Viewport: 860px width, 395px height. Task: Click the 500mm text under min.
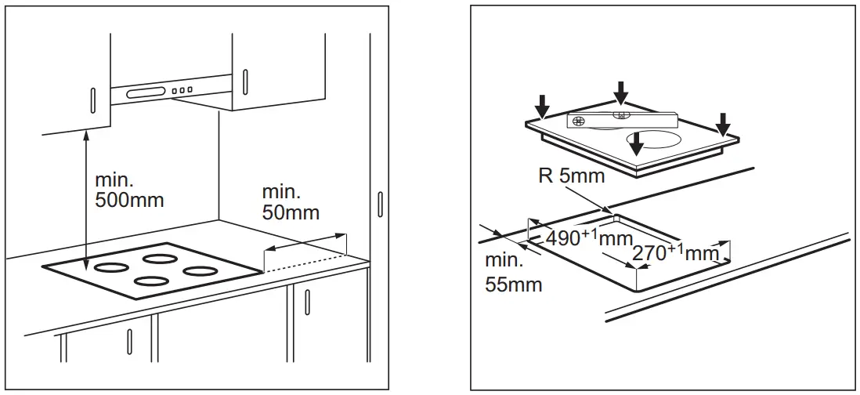pos(129,200)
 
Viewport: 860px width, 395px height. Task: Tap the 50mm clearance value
pos(291,212)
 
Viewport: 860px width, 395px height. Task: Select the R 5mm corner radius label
pos(572,176)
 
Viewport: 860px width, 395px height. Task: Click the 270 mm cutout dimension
pos(674,253)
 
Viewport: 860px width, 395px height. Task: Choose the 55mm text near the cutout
pos(513,284)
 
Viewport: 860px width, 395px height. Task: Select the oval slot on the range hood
pos(145,93)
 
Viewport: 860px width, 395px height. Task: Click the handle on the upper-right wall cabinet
pos(245,81)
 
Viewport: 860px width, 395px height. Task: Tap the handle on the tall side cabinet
pos(380,204)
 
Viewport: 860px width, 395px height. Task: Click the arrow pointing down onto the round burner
pos(638,142)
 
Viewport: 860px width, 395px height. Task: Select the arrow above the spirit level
pos(620,92)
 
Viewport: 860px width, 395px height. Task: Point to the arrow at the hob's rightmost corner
pos(723,123)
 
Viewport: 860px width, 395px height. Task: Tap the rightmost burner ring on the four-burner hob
pos(200,272)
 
